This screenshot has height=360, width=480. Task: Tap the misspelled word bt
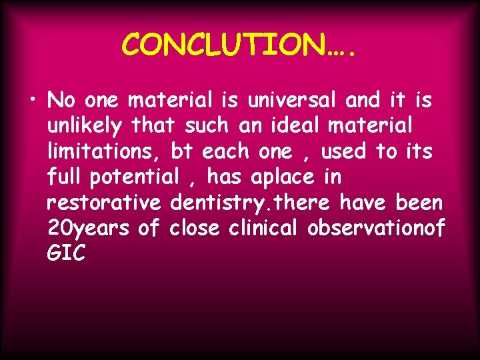pyautogui.click(x=181, y=152)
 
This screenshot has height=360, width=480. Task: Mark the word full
pyautogui.click(x=67, y=177)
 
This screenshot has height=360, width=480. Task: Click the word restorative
pyautogui.click(x=105, y=203)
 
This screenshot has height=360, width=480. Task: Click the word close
pyautogui.click(x=195, y=228)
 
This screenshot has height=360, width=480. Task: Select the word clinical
pyautogui.click(x=265, y=228)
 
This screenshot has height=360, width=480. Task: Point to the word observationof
pyautogui.click(x=376, y=228)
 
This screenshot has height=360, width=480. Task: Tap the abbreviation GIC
pyautogui.click(x=67, y=253)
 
